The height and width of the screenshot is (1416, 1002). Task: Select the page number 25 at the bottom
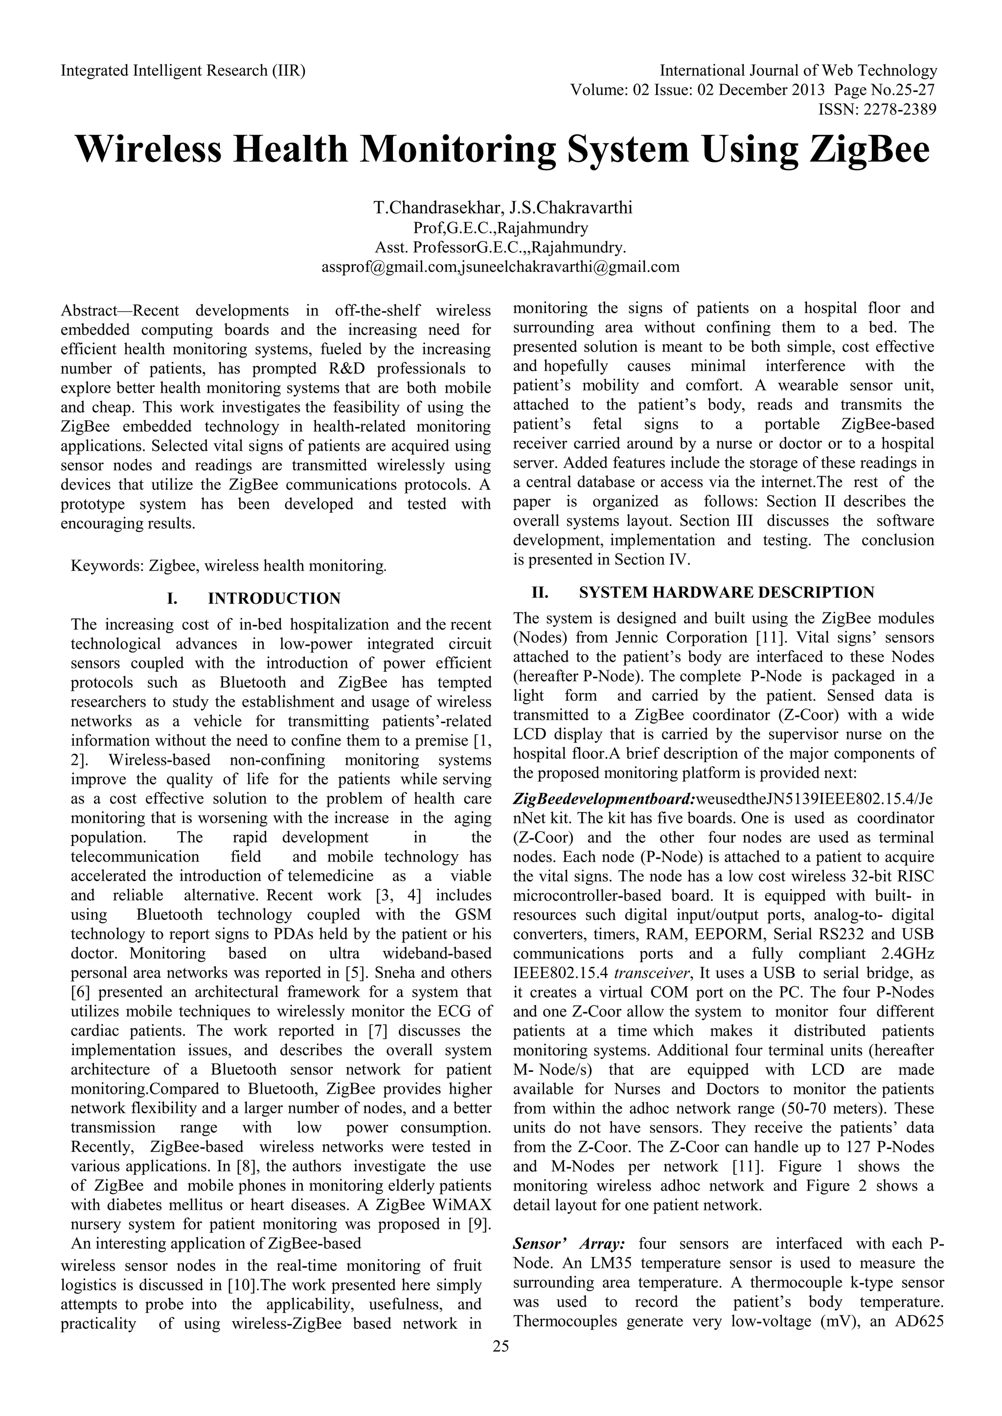pos(501,1346)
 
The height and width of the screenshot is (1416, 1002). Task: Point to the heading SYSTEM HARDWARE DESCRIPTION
pos(726,593)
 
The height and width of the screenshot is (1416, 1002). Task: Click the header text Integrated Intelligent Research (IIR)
pos(183,71)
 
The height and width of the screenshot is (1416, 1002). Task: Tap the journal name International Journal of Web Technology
pos(798,71)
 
